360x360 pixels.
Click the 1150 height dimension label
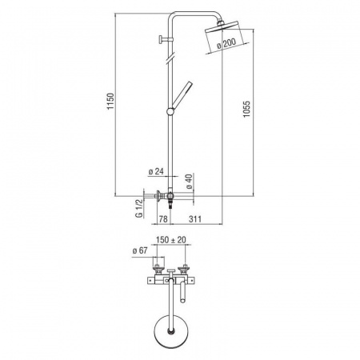[110, 101]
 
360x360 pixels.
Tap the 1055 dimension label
[246, 109]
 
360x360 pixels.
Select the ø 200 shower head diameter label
[226, 43]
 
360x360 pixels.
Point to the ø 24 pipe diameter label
[156, 171]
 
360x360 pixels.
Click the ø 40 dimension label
[189, 182]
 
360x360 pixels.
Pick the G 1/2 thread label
[139, 208]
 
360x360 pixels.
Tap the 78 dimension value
[163, 219]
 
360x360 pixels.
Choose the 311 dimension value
[195, 219]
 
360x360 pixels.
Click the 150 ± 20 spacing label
[171, 240]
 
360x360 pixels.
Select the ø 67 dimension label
[140, 250]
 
